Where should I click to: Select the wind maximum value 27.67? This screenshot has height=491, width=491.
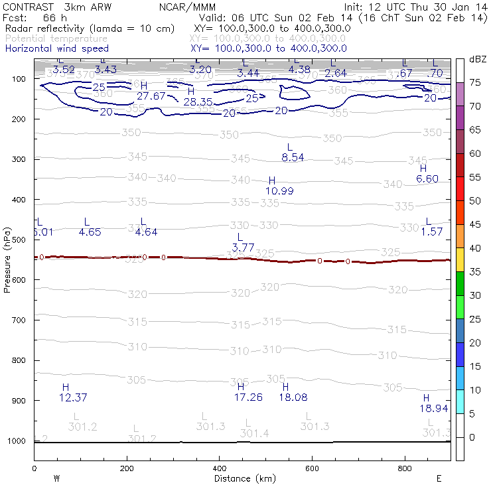[x=151, y=96]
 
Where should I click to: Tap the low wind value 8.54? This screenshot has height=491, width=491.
[x=293, y=157]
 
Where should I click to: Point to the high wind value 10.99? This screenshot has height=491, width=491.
[x=279, y=190]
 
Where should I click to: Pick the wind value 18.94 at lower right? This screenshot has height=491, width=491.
[x=434, y=408]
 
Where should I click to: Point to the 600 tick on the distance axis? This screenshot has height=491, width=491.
[x=313, y=468]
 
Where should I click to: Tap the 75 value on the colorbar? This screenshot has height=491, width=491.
[x=476, y=83]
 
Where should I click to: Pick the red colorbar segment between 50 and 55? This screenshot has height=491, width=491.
[x=459, y=188]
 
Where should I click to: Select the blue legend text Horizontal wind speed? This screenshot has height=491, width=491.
[x=57, y=48]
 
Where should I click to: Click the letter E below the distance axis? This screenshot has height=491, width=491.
[x=439, y=478]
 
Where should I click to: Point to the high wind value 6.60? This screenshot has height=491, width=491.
[x=427, y=178]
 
